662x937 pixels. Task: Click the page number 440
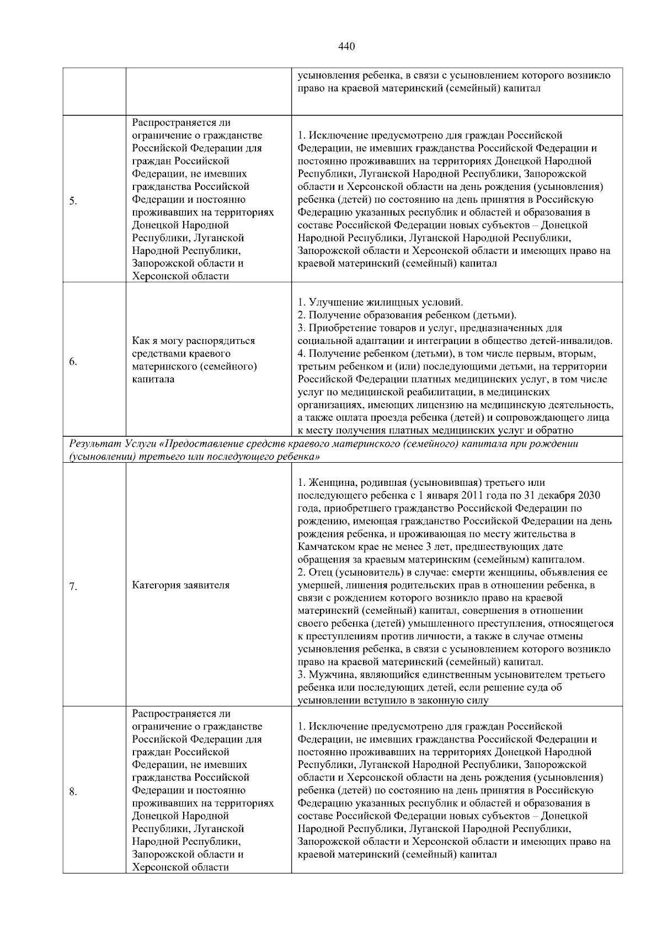click(x=346, y=46)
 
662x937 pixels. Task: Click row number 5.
click(x=73, y=200)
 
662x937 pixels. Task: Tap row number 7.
click(x=73, y=586)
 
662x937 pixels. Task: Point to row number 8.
click(x=73, y=792)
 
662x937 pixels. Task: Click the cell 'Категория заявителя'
click(x=180, y=585)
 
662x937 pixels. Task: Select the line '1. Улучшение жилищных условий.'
click(x=380, y=303)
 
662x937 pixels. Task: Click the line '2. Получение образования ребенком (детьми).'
click(x=407, y=315)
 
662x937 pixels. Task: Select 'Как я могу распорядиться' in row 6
click(x=193, y=341)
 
